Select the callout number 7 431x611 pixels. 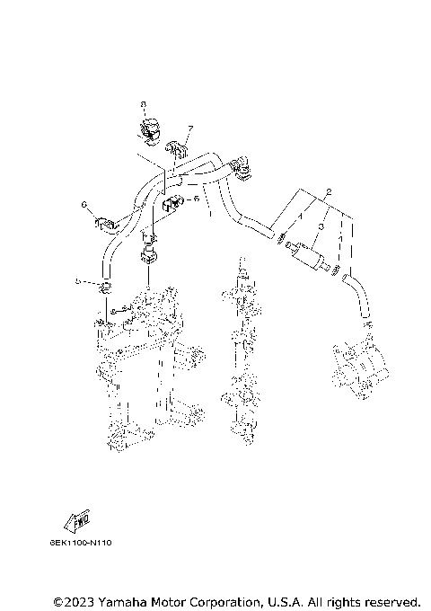click(x=190, y=128)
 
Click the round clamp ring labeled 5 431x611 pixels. click(x=105, y=287)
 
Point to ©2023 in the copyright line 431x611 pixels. click(x=74, y=600)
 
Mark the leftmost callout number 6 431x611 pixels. click(x=84, y=205)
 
